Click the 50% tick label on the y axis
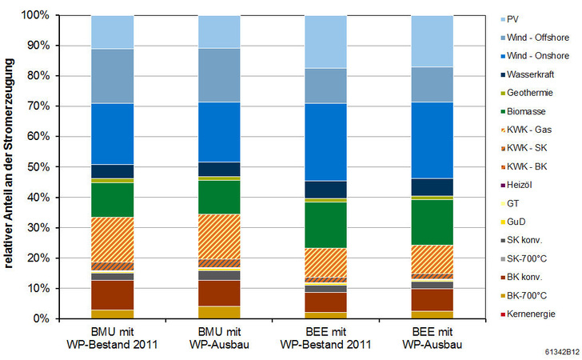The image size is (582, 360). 37,167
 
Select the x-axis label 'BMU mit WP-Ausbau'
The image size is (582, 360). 219,337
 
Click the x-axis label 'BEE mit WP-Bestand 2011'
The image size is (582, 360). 325,337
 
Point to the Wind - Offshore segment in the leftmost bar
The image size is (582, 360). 112,76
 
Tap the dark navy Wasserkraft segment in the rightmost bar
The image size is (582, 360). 432,186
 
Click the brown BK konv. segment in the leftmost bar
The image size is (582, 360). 112,294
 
